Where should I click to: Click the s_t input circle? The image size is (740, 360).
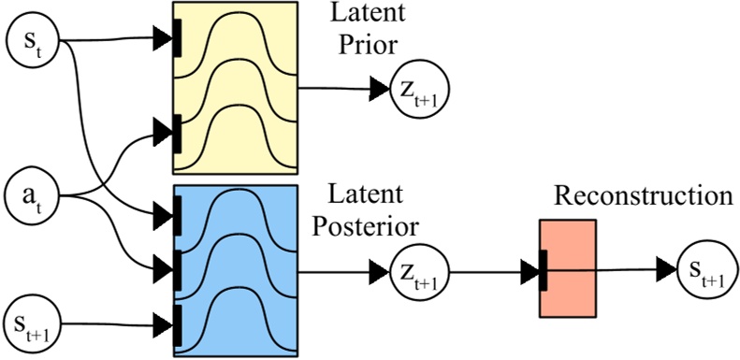click(x=31, y=41)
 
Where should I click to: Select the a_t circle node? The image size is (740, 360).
click(x=31, y=195)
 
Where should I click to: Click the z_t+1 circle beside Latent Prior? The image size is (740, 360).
click(x=419, y=90)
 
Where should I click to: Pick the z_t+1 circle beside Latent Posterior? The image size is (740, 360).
click(x=419, y=272)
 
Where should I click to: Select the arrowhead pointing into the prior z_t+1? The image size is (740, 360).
click(x=381, y=90)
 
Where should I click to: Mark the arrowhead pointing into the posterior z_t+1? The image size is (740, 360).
click(x=381, y=272)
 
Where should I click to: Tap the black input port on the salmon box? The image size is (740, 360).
click(x=543, y=272)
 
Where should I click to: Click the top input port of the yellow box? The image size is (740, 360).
click(x=177, y=41)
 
